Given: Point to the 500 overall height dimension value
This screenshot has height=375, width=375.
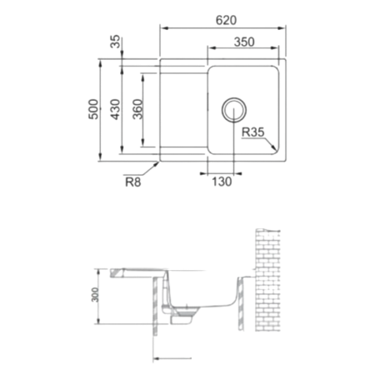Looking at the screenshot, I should (x=93, y=108).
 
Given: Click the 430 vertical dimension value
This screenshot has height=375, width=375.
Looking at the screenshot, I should (x=114, y=108).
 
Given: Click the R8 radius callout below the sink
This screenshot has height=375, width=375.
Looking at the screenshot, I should (x=132, y=178).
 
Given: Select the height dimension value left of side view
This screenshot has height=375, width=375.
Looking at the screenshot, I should (x=95, y=297).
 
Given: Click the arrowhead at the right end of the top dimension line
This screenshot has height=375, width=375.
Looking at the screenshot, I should (x=285, y=27).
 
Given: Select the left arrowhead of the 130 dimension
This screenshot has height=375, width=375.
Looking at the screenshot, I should (x=207, y=174).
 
